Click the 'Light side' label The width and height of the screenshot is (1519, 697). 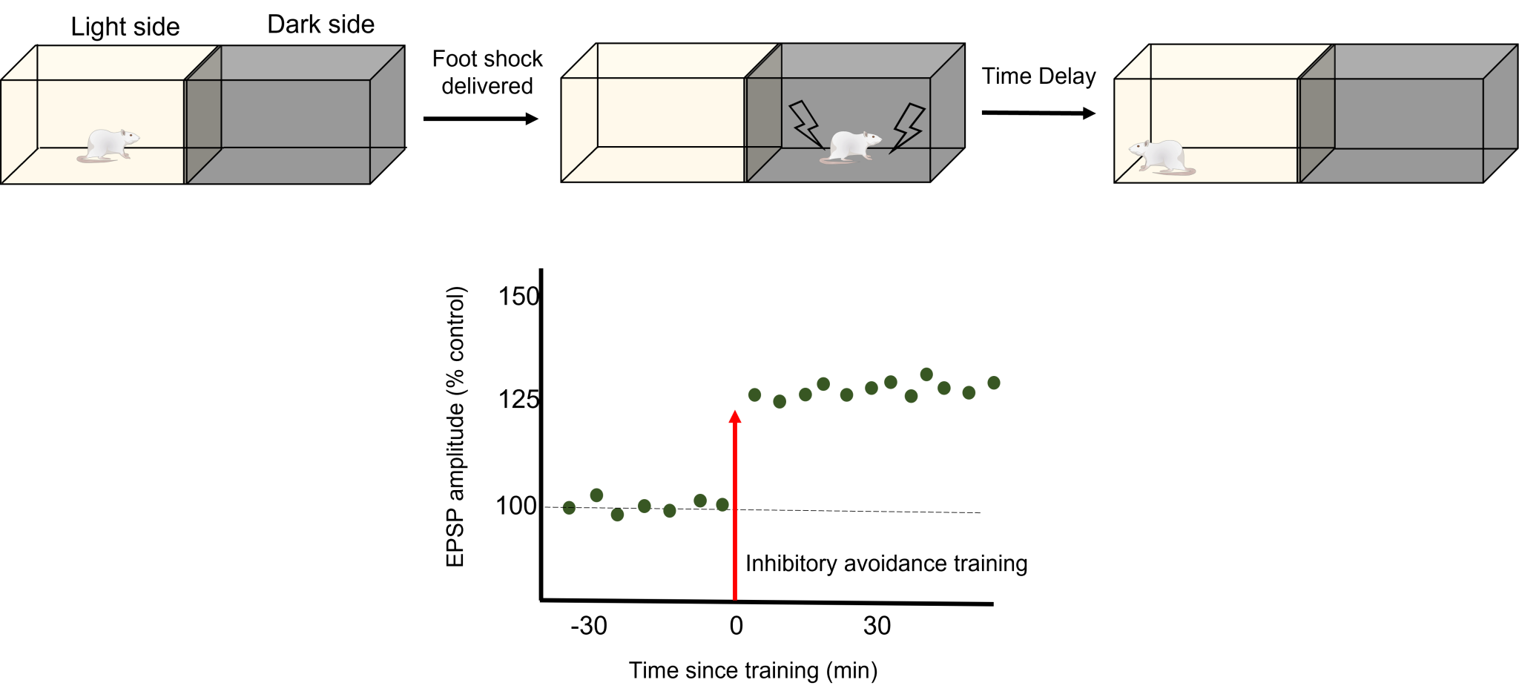point(125,27)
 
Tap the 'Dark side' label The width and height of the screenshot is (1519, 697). point(321,24)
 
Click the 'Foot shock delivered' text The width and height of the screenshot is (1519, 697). point(487,72)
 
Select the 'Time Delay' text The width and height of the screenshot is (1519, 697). point(1038,76)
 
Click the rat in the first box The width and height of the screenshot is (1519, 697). point(108,145)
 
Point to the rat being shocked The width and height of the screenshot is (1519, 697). point(851,147)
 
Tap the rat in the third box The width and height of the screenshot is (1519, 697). point(1162,156)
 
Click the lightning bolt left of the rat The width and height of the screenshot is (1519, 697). point(806,125)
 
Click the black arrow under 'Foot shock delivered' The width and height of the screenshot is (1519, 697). point(481,119)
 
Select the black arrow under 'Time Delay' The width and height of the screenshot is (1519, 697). point(1038,113)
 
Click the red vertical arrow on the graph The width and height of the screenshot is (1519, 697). point(735,505)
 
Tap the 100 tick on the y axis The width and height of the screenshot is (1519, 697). point(516,506)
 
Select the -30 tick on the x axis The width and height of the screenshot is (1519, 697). point(589,626)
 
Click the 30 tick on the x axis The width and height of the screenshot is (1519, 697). point(877,626)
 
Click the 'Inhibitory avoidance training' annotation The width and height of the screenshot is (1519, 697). point(886,564)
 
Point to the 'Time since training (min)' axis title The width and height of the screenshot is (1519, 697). point(754,670)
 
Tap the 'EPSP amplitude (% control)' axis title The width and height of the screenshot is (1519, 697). point(455,427)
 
